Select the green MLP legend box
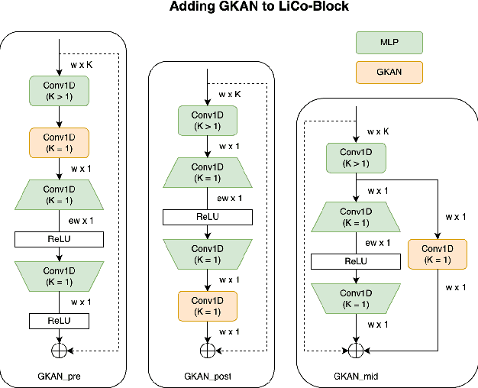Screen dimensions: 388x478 pyautogui.click(x=389, y=41)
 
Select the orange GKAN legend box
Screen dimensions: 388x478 pyautogui.click(x=389, y=72)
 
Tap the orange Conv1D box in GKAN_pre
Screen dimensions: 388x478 pyautogui.click(x=59, y=141)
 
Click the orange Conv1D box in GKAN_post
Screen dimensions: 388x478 pyautogui.click(x=207, y=306)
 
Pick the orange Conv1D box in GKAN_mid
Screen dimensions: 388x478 pyautogui.click(x=438, y=254)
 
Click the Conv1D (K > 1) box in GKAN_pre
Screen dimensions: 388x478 pyautogui.click(x=59, y=91)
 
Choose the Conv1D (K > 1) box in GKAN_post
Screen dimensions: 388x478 pyautogui.click(x=207, y=120)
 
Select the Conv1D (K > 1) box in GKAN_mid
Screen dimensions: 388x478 pyautogui.click(x=356, y=157)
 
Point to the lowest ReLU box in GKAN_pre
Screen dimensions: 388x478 pyautogui.click(x=59, y=321)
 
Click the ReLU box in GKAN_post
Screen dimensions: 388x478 pyautogui.click(x=207, y=218)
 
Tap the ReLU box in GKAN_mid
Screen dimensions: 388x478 pyautogui.click(x=356, y=262)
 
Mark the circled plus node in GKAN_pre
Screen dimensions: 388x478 pyautogui.click(x=59, y=351)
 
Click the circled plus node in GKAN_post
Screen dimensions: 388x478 pyautogui.click(x=207, y=351)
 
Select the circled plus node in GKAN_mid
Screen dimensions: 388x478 pyautogui.click(x=356, y=351)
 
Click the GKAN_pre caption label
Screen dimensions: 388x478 pyautogui.click(x=59, y=377)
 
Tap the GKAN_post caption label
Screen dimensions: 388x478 pyautogui.click(x=207, y=377)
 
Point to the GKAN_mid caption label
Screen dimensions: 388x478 pyautogui.click(x=356, y=377)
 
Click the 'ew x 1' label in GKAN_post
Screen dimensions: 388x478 pyautogui.click(x=230, y=198)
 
